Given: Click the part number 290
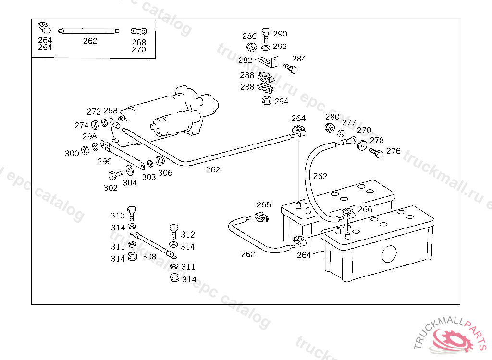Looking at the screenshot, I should tap(280, 34).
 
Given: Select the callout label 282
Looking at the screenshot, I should tap(245, 60).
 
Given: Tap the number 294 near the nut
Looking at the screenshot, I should tap(281, 101).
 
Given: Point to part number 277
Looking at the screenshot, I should tap(349, 122).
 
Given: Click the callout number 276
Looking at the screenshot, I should tap(393, 151).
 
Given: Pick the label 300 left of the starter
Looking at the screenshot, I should tap(72, 153).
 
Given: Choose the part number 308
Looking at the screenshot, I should tap(149, 256).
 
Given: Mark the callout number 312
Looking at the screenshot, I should tap(188, 234).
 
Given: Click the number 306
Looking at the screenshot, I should tap(165, 173).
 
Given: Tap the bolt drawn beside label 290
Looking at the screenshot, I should tap(266, 35).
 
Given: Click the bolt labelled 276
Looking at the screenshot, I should tap(376, 154).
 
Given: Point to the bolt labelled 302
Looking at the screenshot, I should tap(115, 175).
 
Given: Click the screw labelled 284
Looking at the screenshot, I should tap(291, 69).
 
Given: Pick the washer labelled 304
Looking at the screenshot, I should tap(130, 171).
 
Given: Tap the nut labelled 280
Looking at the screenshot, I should tap(330, 128).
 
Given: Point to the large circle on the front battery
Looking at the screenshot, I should tap(389, 253).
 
